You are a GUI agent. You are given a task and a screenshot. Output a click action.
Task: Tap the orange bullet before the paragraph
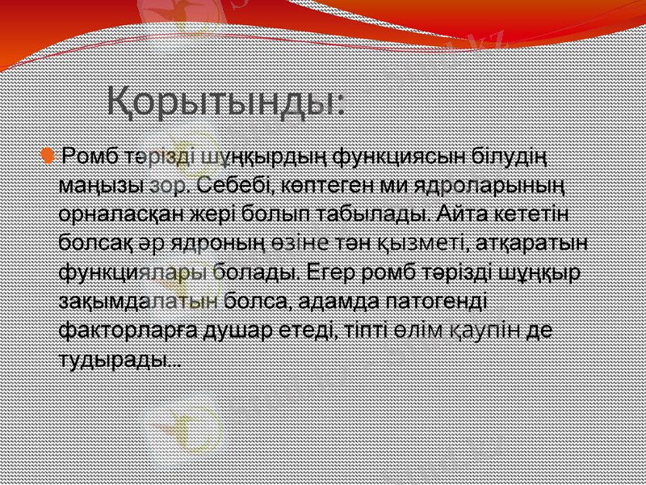coord(49,154)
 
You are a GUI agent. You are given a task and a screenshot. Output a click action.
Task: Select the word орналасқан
coord(117,213)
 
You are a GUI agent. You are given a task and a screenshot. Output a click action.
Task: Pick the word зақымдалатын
coord(139,303)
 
